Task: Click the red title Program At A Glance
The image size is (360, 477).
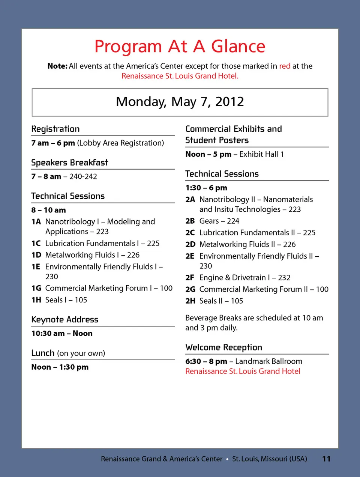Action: [180, 47]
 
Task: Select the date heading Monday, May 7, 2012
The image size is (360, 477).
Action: [180, 102]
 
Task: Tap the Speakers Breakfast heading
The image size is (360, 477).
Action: [70, 163]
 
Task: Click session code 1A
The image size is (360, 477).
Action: [36, 222]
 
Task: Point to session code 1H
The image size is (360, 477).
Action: [36, 300]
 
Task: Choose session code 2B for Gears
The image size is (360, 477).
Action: [190, 221]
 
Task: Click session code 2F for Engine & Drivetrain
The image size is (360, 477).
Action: [190, 278]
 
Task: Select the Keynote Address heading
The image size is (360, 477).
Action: [65, 320]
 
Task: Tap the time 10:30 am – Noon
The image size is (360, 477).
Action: [62, 333]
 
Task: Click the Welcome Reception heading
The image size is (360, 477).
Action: [224, 348]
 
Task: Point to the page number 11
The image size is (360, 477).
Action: [326, 459]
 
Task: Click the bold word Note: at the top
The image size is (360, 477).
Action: [57, 66]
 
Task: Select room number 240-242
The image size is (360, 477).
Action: [83, 176]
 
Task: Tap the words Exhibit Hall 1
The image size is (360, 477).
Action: [262, 154]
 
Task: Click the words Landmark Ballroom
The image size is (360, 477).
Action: [269, 361]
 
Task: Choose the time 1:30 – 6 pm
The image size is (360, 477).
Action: [206, 188]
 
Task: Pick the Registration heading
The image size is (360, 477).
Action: [55, 129]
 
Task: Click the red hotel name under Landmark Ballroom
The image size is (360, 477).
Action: [243, 371]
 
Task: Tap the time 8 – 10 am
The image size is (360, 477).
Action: [48, 210]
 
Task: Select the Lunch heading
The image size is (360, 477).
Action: [43, 353]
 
